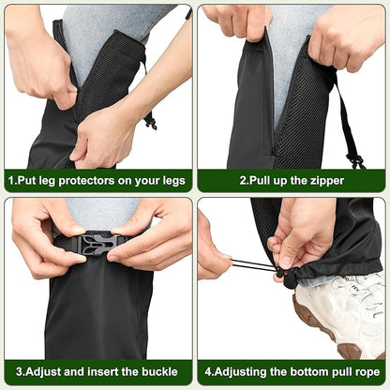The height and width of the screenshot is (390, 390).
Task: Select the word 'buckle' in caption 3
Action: (155, 371)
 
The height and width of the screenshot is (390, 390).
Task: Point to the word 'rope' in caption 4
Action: (364, 371)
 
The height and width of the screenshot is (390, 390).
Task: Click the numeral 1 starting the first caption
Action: (11, 178)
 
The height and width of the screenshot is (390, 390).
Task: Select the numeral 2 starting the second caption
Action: (241, 178)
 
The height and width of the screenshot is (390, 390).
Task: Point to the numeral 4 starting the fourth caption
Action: (208, 371)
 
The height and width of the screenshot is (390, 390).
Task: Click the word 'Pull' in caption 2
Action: (260, 178)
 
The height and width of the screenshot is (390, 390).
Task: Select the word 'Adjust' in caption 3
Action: (40, 371)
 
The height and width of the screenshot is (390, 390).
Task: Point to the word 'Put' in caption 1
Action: (26, 178)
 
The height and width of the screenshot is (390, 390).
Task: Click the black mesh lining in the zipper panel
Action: (305, 112)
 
